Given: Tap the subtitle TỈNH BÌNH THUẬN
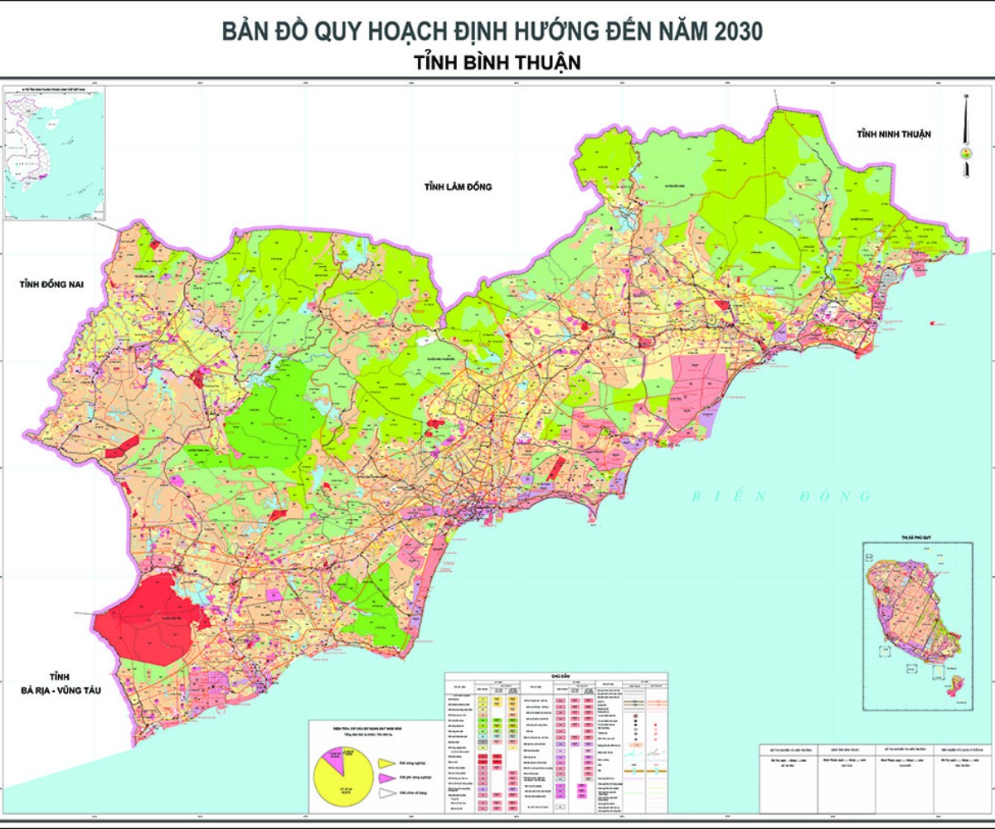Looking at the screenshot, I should pyautogui.click(x=496, y=62).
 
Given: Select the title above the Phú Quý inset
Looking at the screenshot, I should pyautogui.click(x=917, y=538).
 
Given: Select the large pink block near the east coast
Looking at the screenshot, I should pyautogui.click(x=698, y=390).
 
